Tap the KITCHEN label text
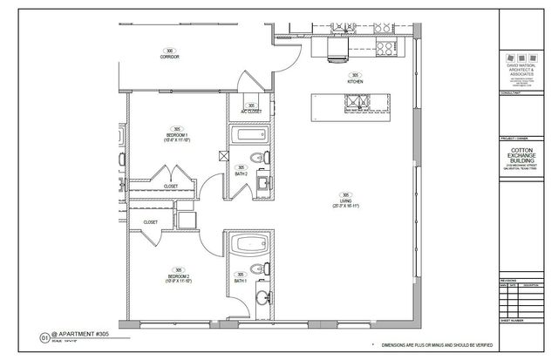(356, 81)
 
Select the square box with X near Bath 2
(224, 157)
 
